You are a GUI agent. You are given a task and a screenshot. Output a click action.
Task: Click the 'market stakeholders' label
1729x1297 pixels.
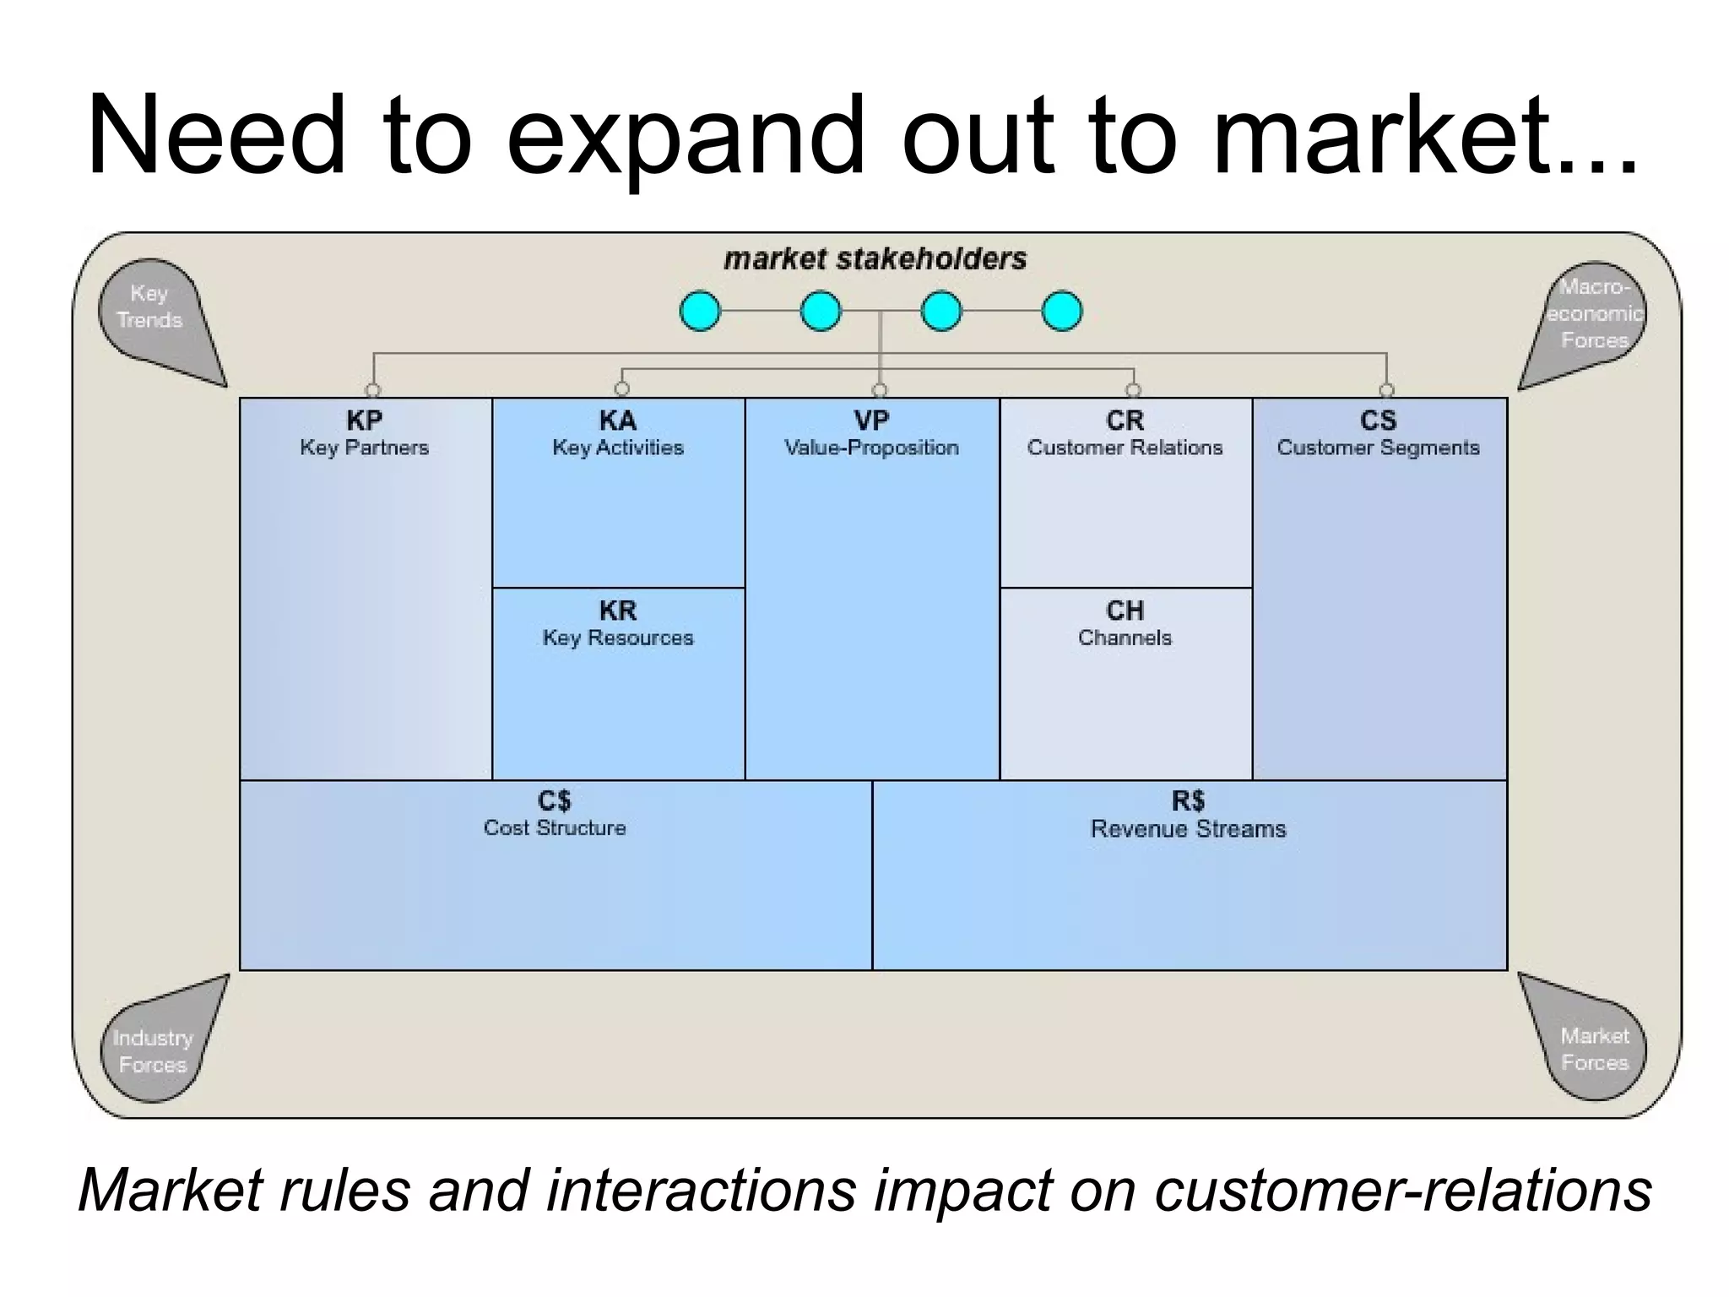(x=875, y=258)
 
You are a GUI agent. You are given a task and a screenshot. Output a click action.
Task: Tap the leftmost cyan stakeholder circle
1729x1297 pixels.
(x=700, y=311)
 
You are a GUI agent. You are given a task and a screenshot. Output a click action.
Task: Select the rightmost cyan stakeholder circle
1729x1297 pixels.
(x=1062, y=311)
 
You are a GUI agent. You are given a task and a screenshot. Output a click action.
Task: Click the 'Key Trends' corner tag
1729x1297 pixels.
(x=150, y=307)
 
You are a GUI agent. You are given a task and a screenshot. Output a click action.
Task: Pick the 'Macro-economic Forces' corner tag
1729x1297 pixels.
(x=1594, y=313)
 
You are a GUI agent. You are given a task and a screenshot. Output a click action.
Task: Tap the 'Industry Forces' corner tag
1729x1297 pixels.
(x=153, y=1050)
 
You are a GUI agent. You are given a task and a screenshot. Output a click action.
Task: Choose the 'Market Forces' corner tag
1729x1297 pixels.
(x=1594, y=1049)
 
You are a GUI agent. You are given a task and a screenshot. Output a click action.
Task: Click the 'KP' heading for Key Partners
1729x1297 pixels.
(x=364, y=421)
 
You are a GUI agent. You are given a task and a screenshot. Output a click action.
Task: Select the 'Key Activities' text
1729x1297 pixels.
(x=618, y=448)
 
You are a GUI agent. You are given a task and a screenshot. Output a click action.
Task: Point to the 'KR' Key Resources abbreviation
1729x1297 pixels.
(x=618, y=611)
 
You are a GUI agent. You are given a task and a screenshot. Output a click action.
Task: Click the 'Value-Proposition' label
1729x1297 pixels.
(x=871, y=448)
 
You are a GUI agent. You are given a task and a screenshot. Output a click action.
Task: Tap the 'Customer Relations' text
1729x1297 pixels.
(x=1125, y=448)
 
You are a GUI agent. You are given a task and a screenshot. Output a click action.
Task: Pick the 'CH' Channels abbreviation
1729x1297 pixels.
(x=1125, y=611)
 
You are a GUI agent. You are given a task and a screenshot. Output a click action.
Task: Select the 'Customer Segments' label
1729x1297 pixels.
(x=1378, y=448)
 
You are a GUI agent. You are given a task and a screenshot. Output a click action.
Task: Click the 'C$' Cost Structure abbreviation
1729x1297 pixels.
(x=555, y=800)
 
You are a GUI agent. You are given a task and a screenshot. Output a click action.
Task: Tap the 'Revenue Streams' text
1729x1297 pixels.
(x=1188, y=829)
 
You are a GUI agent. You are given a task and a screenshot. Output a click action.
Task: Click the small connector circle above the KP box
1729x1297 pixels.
(x=373, y=390)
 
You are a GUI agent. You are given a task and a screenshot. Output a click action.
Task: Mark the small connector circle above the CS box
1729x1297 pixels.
(x=1386, y=390)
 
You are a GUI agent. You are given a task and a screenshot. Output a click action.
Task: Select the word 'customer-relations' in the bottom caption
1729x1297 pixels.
(x=1402, y=1191)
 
